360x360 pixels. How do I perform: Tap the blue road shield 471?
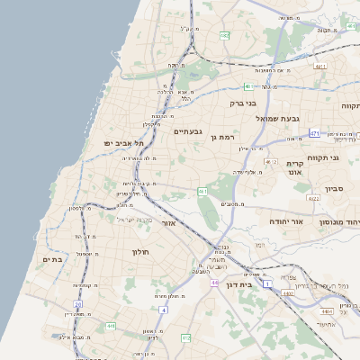pos(314,133)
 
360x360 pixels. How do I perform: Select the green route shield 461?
pos(202,192)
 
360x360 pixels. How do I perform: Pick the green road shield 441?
pos(111,326)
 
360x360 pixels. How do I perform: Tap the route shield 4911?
pos(319,66)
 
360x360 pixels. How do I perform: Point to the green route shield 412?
pos(186,337)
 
